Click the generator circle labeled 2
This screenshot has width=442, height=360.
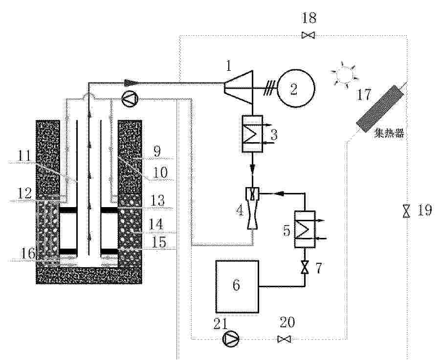296,89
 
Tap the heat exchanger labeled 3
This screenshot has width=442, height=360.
252,134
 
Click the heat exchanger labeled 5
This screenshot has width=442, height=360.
305,229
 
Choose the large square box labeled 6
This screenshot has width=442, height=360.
237,286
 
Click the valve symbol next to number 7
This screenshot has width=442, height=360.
305,267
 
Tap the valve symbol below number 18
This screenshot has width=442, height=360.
308,35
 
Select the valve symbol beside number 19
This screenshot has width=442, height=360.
406,211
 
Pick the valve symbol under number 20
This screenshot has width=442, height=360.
284,339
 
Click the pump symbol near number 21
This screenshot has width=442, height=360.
231,339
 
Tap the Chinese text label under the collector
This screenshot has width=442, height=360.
389,133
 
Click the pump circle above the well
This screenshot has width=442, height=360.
130,99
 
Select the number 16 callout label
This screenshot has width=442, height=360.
27,253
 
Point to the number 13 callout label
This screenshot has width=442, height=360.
157,200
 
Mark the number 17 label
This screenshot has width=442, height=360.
364,94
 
